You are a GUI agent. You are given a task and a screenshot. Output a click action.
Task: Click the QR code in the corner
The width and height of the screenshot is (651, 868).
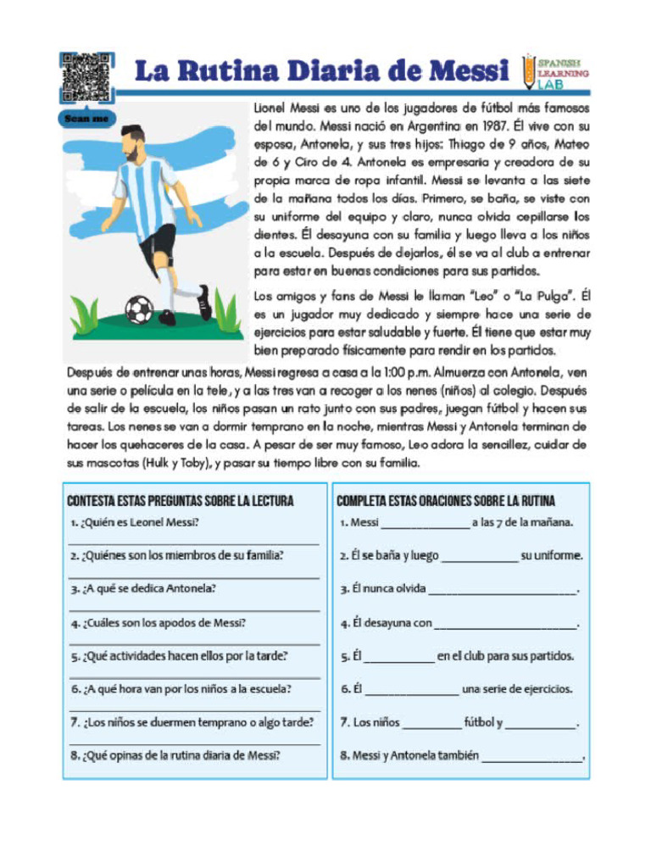click(x=86, y=76)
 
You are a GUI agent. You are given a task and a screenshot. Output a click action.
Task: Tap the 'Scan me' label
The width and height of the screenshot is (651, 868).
click(x=86, y=119)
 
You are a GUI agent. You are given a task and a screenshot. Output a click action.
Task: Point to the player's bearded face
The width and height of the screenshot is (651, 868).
click(x=131, y=146)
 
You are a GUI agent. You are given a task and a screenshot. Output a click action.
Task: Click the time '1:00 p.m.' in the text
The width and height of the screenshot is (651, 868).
click(x=398, y=373)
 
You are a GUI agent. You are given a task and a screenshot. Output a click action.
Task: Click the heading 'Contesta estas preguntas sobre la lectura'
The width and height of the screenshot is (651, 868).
click(x=181, y=501)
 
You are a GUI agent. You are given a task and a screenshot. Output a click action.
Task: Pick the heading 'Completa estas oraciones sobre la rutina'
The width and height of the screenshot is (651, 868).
click(x=447, y=501)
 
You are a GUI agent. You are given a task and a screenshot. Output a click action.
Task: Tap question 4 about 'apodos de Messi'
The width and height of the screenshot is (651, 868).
click(x=159, y=623)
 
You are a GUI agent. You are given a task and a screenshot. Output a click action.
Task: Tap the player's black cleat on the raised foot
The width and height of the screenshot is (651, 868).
click(x=203, y=302)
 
